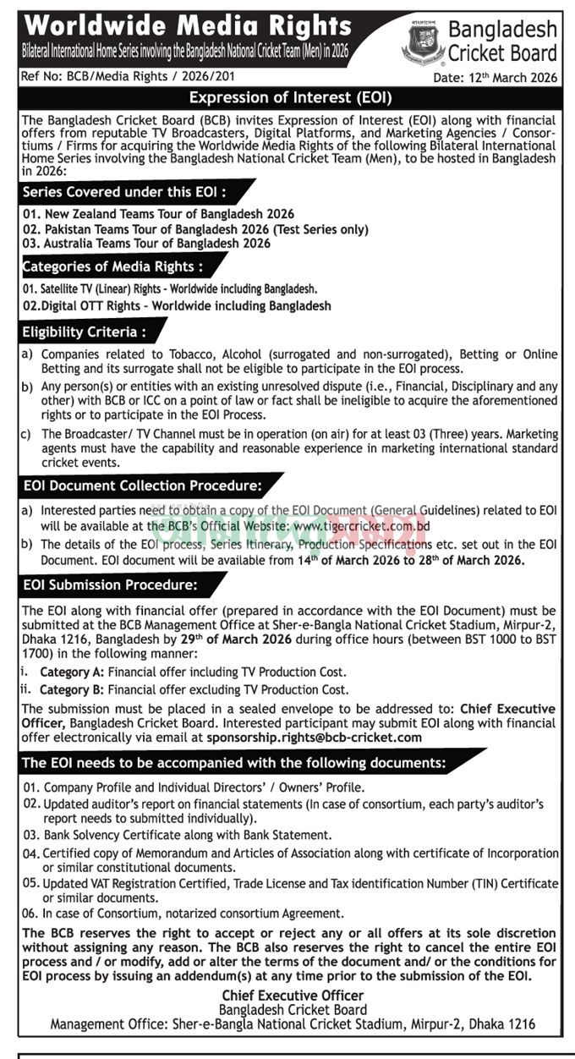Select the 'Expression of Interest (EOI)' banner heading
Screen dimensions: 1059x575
(x=287, y=97)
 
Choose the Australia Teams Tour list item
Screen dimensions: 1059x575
(x=147, y=244)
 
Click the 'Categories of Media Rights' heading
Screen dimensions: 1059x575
(x=112, y=267)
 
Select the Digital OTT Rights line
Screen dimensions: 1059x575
(x=178, y=305)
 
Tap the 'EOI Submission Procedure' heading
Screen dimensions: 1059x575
(x=111, y=584)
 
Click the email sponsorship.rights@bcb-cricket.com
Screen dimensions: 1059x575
(x=314, y=738)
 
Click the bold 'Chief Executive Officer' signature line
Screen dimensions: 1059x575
(x=293, y=996)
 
